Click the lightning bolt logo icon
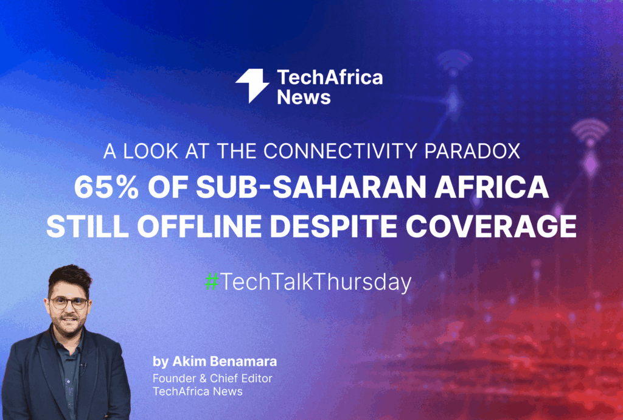tap(252, 86)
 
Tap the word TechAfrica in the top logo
tap(330, 77)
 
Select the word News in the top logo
tap(304, 97)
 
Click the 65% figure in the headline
tap(102, 188)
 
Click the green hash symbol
tap(211, 281)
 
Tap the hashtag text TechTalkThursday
tap(316, 282)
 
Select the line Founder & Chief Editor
tap(212, 378)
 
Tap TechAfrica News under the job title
tap(198, 391)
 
